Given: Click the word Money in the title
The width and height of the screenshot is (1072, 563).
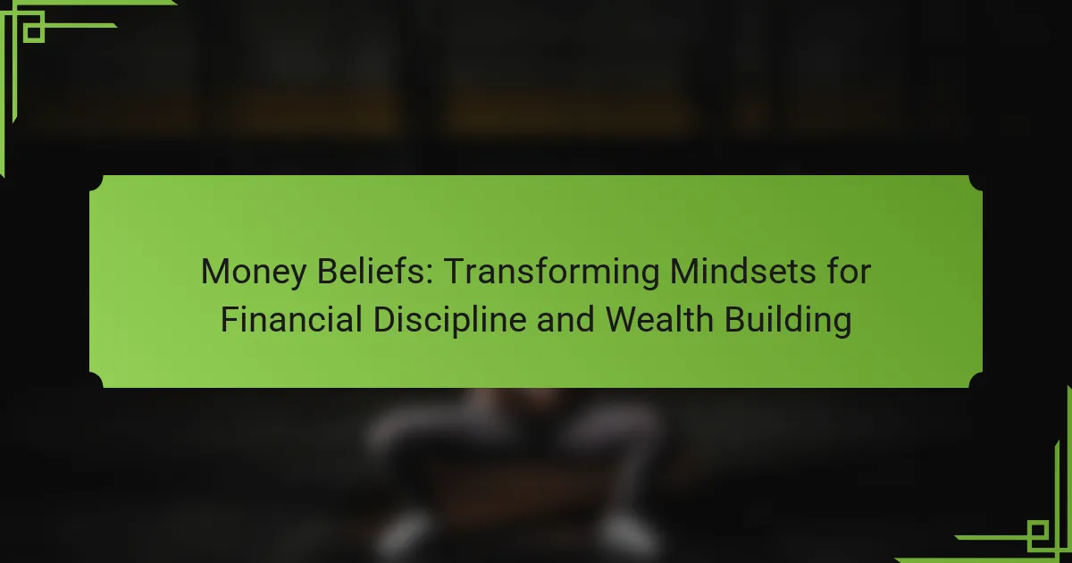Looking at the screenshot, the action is (253, 272).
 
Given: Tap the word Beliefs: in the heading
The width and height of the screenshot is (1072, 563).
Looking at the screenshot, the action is (374, 271).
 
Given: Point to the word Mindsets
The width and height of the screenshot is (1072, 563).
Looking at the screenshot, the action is (742, 271).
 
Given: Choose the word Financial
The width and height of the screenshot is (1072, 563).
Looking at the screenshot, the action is (291, 319).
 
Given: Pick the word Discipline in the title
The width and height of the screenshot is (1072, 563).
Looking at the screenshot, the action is (450, 320).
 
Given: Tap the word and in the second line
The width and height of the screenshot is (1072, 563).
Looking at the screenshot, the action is (565, 319).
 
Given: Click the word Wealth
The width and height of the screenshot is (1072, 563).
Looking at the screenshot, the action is (659, 319).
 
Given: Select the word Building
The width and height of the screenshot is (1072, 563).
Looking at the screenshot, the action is (788, 320).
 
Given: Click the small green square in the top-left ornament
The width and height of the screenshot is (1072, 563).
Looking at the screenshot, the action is (34, 32).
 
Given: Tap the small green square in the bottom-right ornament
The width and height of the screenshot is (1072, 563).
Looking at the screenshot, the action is (1038, 532).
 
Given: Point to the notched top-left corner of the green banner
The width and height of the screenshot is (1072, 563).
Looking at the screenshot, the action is (96, 183).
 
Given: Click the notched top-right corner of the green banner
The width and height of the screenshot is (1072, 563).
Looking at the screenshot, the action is (976, 183).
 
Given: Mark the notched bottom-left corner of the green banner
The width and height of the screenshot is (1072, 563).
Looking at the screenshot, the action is (96, 380).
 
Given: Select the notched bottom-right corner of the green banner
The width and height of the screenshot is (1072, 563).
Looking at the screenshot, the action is (976, 380).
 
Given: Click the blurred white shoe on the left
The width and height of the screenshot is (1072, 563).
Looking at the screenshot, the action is (405, 532).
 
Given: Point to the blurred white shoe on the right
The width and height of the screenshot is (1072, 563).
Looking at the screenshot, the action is (627, 532).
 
